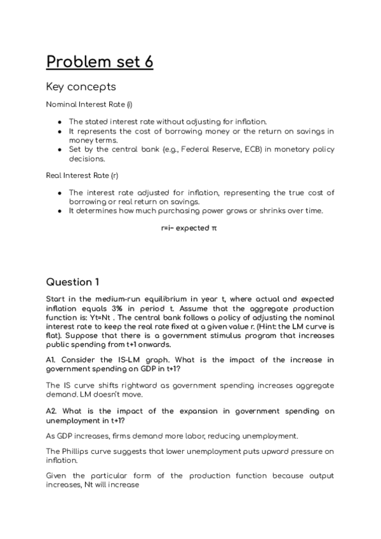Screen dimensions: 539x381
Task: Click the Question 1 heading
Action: coord(73,282)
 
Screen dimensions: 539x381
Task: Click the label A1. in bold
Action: coord(52,360)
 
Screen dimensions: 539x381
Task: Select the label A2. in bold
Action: coord(53,411)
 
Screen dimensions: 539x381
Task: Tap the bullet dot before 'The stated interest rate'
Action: coord(59,121)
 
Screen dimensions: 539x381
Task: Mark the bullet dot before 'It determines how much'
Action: coord(59,210)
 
